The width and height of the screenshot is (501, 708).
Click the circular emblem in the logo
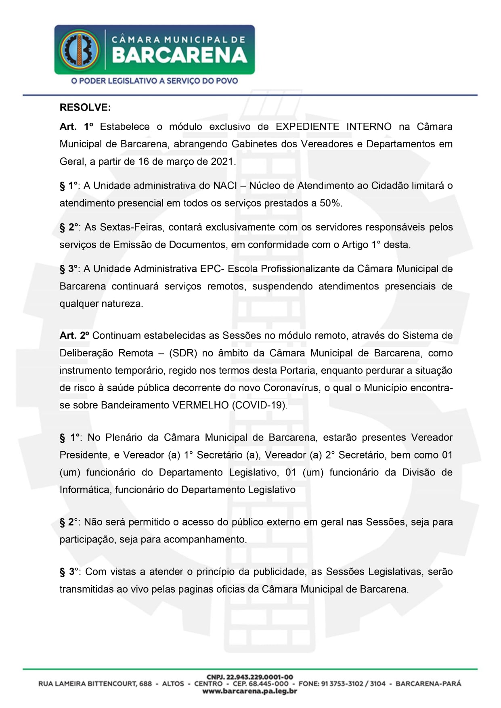click(80, 50)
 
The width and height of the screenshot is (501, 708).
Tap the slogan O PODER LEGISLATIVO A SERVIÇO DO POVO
click(154, 81)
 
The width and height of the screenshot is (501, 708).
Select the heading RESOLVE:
click(85, 107)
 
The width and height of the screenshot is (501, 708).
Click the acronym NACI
click(225, 186)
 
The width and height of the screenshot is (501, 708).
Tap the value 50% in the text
click(330, 203)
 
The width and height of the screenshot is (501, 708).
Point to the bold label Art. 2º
click(74, 335)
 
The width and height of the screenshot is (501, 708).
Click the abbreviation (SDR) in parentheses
click(183, 353)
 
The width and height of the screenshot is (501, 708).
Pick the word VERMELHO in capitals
click(200, 405)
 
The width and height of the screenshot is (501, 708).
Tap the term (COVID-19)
click(260, 405)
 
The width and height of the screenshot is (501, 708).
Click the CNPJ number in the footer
click(250, 677)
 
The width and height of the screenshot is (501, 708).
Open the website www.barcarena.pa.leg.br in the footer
click(250, 691)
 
